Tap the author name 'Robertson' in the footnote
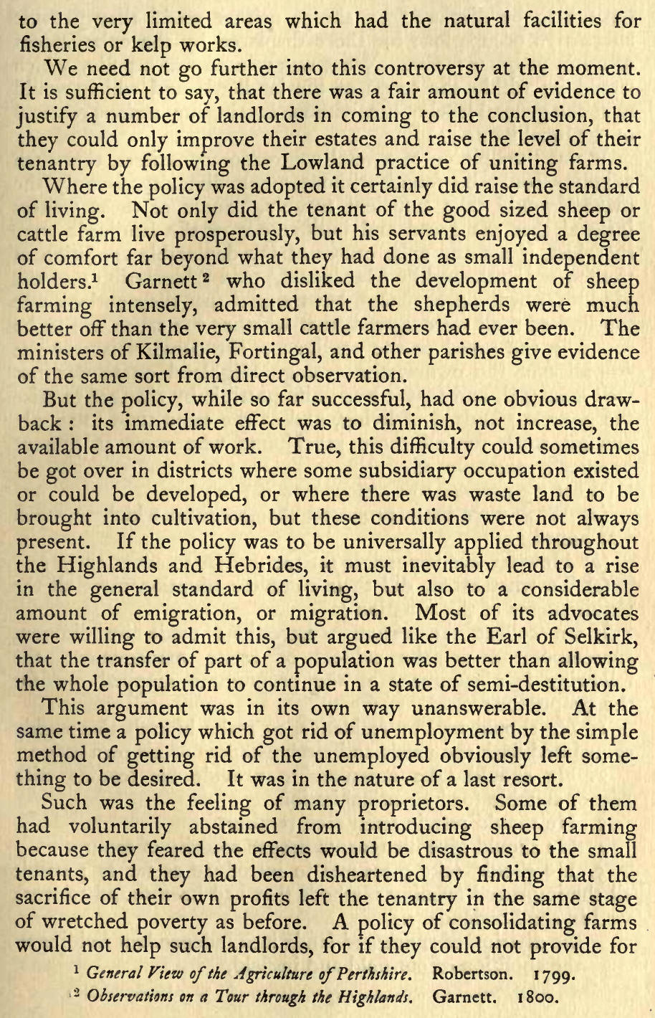[x=473, y=975]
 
